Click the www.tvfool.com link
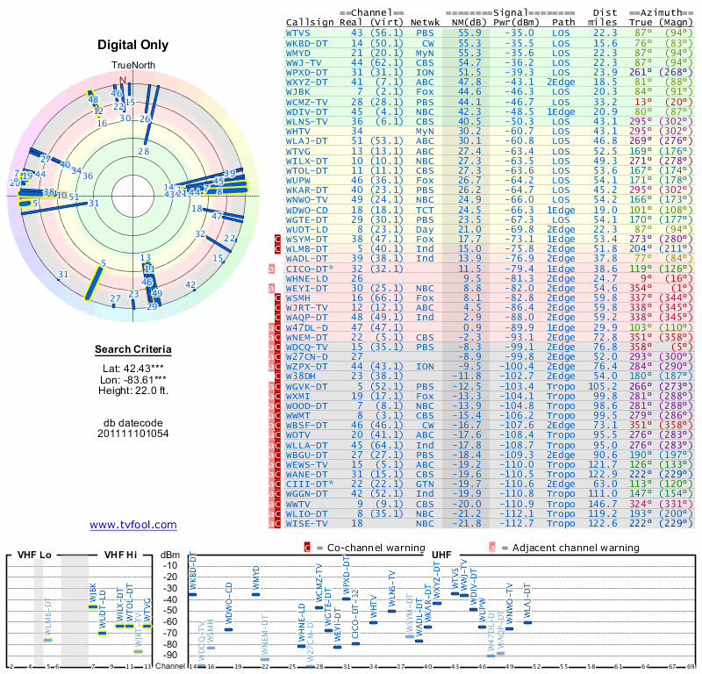(133, 525)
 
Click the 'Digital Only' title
(133, 45)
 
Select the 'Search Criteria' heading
(133, 350)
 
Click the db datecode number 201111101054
(133, 433)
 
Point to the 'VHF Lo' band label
(33, 555)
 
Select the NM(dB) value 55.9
(469, 32)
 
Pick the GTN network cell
(425, 484)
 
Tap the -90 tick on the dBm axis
(172, 655)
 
